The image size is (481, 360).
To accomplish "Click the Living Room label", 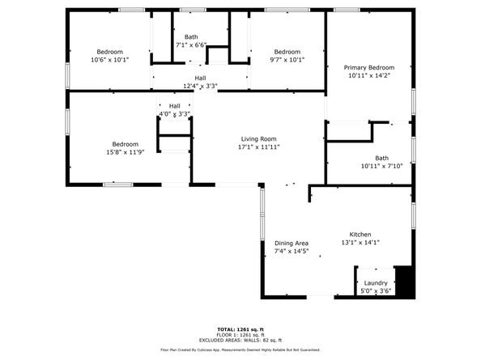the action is click(x=258, y=139).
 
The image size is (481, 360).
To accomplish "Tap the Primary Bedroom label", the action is click(x=369, y=67).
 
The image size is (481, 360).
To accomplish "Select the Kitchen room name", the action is click(x=360, y=235).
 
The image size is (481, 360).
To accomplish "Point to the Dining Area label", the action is click(x=292, y=244).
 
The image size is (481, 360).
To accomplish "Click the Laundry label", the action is click(x=376, y=283).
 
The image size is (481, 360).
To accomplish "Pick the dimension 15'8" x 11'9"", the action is click(x=126, y=152).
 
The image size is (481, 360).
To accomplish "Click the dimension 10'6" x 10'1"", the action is click(x=110, y=60).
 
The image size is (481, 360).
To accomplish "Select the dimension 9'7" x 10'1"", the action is click(x=287, y=60).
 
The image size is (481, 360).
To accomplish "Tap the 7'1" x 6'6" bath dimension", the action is click(x=191, y=45).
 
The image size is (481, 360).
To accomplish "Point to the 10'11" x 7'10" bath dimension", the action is click(x=381, y=166).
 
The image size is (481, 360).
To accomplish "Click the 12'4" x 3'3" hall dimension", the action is click(x=200, y=86).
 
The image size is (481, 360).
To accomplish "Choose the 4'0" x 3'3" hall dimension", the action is click(x=175, y=114).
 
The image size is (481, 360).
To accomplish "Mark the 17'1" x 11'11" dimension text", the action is click(x=258, y=146).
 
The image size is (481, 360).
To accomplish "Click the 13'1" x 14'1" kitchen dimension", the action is click(x=360, y=243).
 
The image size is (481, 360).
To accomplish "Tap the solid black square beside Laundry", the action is click(x=405, y=282).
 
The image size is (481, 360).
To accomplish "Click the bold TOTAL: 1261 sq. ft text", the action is click(x=240, y=330).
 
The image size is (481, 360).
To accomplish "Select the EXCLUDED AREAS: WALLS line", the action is click(x=240, y=340).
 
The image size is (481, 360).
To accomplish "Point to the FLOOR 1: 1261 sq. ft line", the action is click(x=240, y=335).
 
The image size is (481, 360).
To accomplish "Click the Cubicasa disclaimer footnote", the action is click(x=240, y=350).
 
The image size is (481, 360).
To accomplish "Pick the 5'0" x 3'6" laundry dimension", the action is click(x=376, y=290).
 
